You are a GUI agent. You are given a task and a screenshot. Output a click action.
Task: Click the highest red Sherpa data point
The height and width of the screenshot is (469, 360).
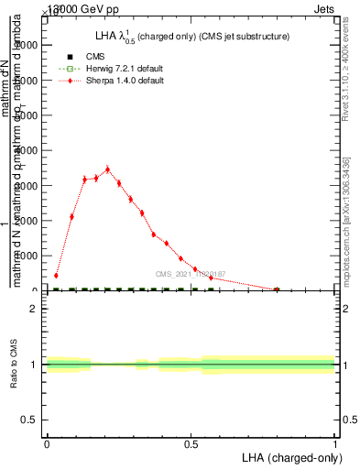(x=107, y=169)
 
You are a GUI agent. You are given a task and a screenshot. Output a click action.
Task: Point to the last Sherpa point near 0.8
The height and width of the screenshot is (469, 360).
(x=277, y=289)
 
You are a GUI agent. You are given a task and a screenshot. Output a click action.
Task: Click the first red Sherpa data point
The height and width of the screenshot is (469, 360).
(x=56, y=275)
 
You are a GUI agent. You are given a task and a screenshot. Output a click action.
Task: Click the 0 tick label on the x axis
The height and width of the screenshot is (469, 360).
(x=47, y=442)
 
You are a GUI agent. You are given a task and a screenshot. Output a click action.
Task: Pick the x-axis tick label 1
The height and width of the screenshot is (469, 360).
(x=335, y=442)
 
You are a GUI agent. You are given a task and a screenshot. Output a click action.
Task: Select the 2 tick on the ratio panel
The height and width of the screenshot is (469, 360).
(x=35, y=309)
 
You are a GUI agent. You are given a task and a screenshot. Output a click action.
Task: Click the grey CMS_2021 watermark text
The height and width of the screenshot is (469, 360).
(x=190, y=273)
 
